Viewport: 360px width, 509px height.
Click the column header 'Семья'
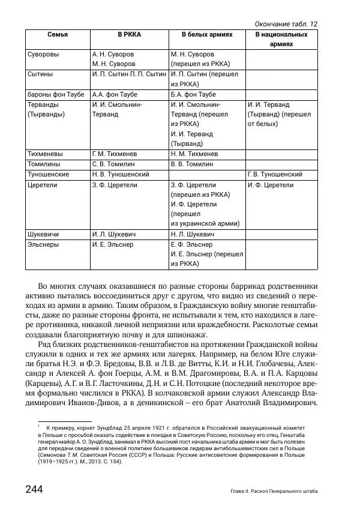click(x=58, y=35)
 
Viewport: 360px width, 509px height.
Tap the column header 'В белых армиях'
click(x=207, y=35)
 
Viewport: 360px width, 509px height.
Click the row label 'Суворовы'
click(x=44, y=54)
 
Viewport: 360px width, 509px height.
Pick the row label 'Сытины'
click(x=41, y=74)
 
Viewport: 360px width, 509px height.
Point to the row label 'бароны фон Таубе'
click(x=52, y=94)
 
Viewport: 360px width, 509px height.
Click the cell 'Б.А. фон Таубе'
click(x=194, y=94)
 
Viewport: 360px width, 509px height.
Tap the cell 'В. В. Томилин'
click(x=192, y=164)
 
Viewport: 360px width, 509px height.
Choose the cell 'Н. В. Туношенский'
click(x=121, y=174)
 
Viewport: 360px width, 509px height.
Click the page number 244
click(x=34, y=490)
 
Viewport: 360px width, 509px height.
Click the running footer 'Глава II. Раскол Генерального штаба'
click(x=274, y=492)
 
